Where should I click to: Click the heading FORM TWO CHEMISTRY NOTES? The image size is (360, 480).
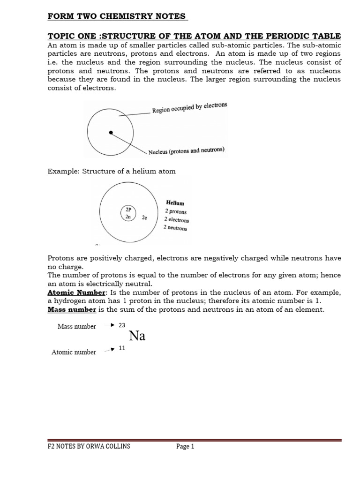[x=118, y=17]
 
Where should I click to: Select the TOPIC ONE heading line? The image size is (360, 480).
[x=194, y=37]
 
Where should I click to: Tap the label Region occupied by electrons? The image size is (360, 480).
[x=189, y=108]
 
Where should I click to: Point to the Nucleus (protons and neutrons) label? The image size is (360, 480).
[x=187, y=151]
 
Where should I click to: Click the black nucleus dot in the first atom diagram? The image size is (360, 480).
[x=111, y=133]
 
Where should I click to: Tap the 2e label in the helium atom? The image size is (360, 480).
[x=144, y=218]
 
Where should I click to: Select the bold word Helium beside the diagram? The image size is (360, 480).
[x=175, y=203]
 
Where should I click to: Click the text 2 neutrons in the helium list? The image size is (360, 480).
[x=175, y=228]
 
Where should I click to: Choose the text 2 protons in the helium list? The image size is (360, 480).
[x=175, y=211]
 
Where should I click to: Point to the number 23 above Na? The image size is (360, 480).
[x=123, y=324]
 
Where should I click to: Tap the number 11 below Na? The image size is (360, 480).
[x=122, y=348]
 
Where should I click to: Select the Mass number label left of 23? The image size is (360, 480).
[x=76, y=326]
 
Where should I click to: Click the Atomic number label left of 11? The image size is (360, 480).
[x=74, y=352]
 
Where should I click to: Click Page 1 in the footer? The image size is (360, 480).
[x=185, y=446]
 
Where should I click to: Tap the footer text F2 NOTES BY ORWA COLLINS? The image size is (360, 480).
[x=89, y=446]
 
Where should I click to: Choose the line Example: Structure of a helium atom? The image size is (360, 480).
[x=112, y=171]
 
